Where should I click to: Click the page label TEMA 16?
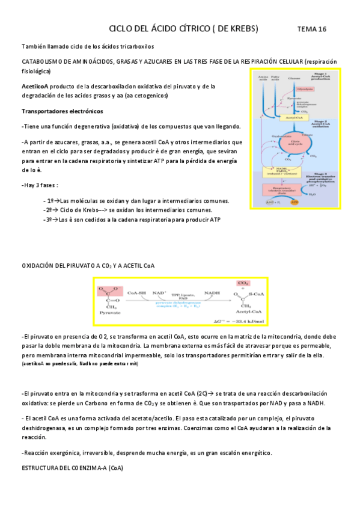coord(312,29)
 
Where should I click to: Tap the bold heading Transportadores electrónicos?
coord(62,111)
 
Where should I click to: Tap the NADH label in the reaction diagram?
coord(212,293)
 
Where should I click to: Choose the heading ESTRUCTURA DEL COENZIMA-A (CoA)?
coord(72,467)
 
